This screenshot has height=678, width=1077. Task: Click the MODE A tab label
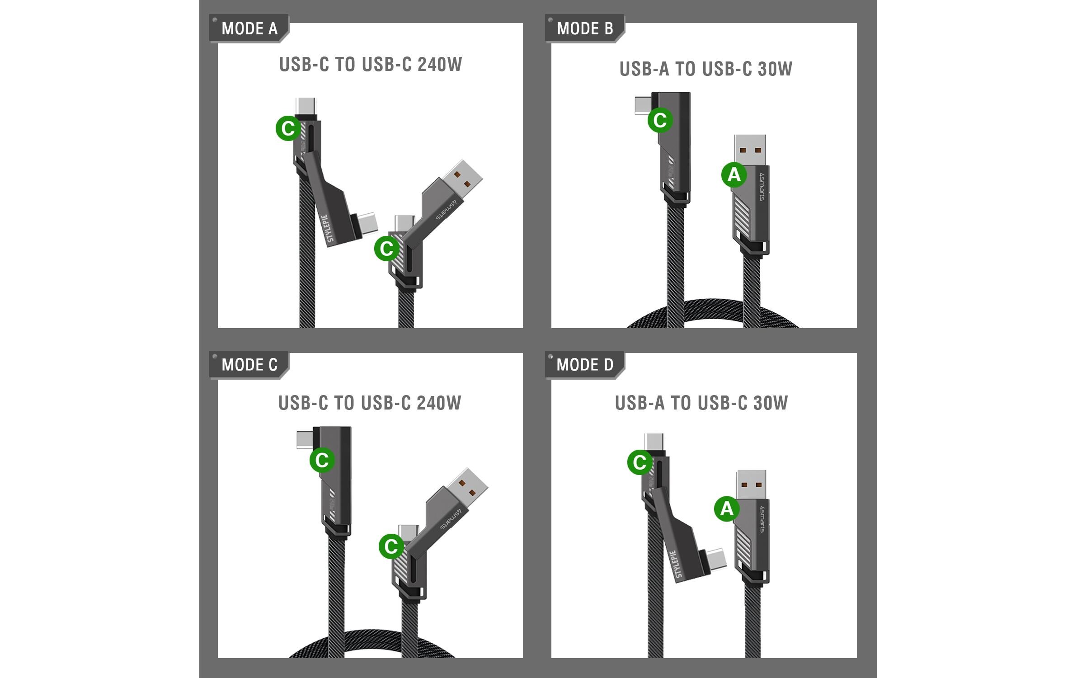click(x=249, y=28)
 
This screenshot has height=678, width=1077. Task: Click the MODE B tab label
click(x=585, y=28)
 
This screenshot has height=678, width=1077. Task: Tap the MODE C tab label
click(x=249, y=365)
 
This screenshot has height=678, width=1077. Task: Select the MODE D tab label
click(x=585, y=365)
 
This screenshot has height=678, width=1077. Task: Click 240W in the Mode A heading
click(x=440, y=65)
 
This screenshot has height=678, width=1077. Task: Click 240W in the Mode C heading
click(x=439, y=403)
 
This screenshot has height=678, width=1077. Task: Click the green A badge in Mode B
click(x=734, y=174)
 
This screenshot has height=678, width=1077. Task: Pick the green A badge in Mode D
click(x=726, y=509)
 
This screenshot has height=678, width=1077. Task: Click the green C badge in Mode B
click(x=660, y=120)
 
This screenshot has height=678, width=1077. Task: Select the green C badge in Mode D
click(x=640, y=462)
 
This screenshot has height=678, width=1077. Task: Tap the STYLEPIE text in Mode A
click(x=331, y=228)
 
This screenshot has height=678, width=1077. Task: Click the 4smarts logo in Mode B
click(x=762, y=186)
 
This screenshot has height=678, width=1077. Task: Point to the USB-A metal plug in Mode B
click(x=750, y=150)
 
